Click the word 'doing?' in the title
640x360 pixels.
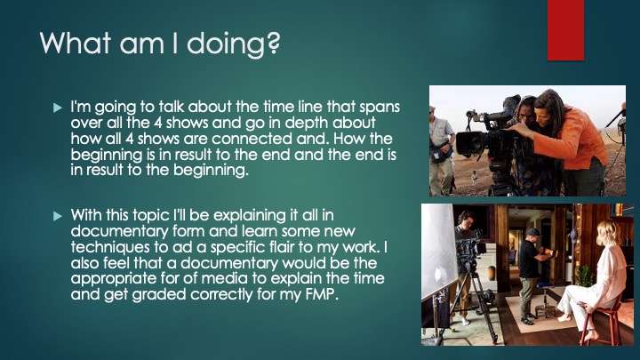pos(234,44)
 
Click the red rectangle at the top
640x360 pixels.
pos(565,30)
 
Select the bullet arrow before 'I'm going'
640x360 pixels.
pos(58,108)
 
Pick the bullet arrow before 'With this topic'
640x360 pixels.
pos(58,216)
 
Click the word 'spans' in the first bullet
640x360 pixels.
pos(380,108)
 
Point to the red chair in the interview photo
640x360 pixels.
pos(604,322)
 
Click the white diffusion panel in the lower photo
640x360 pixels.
pos(438,250)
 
